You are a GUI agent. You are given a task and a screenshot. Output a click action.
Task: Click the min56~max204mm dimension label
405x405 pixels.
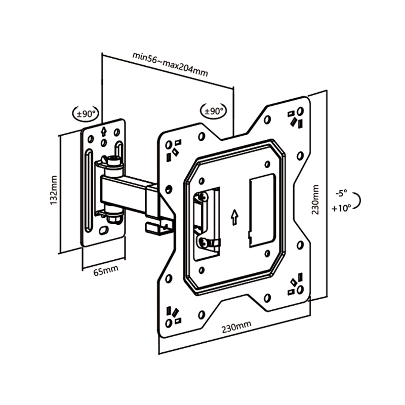(170, 64)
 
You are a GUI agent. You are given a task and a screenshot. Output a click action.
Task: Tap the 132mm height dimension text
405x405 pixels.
(54, 190)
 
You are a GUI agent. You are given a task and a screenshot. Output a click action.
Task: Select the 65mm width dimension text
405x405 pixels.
(106, 270)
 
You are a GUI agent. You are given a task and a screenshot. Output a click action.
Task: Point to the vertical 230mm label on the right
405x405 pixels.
(315, 199)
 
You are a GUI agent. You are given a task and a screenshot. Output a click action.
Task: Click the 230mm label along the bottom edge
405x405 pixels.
(236, 327)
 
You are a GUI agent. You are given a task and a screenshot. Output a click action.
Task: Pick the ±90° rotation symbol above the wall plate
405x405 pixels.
(86, 113)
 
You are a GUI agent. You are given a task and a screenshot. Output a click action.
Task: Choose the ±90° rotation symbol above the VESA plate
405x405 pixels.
(213, 111)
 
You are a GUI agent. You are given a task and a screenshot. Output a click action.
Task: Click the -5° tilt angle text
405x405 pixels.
(341, 193)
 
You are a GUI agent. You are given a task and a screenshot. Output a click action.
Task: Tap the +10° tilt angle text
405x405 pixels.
(341, 208)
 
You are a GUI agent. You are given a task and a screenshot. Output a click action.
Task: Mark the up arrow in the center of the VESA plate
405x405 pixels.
(234, 217)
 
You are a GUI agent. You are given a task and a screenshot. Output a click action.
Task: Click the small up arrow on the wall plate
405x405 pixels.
(104, 131)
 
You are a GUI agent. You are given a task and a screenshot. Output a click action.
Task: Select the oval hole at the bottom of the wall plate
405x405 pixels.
(104, 230)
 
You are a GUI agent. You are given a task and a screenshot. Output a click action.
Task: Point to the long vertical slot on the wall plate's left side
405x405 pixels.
(89, 191)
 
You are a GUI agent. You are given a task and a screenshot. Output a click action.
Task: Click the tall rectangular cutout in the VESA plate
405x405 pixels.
(262, 211)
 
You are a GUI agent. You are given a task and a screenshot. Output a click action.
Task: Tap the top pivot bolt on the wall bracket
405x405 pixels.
(113, 162)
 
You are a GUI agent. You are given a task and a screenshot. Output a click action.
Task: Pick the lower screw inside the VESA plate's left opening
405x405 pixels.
(203, 243)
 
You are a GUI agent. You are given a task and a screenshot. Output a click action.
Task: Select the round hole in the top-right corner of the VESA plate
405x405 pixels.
(300, 111)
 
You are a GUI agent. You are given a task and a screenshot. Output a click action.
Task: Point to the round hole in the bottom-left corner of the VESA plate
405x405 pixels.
(169, 323)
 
